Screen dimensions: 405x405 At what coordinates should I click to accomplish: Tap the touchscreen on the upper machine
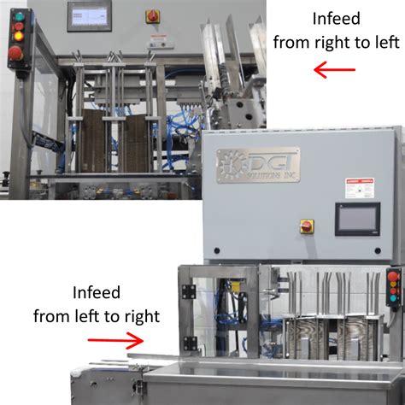pos(89,13)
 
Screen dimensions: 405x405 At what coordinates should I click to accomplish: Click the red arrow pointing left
pos(334,70)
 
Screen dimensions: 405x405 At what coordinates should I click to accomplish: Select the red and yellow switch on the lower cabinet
pos(306,226)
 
